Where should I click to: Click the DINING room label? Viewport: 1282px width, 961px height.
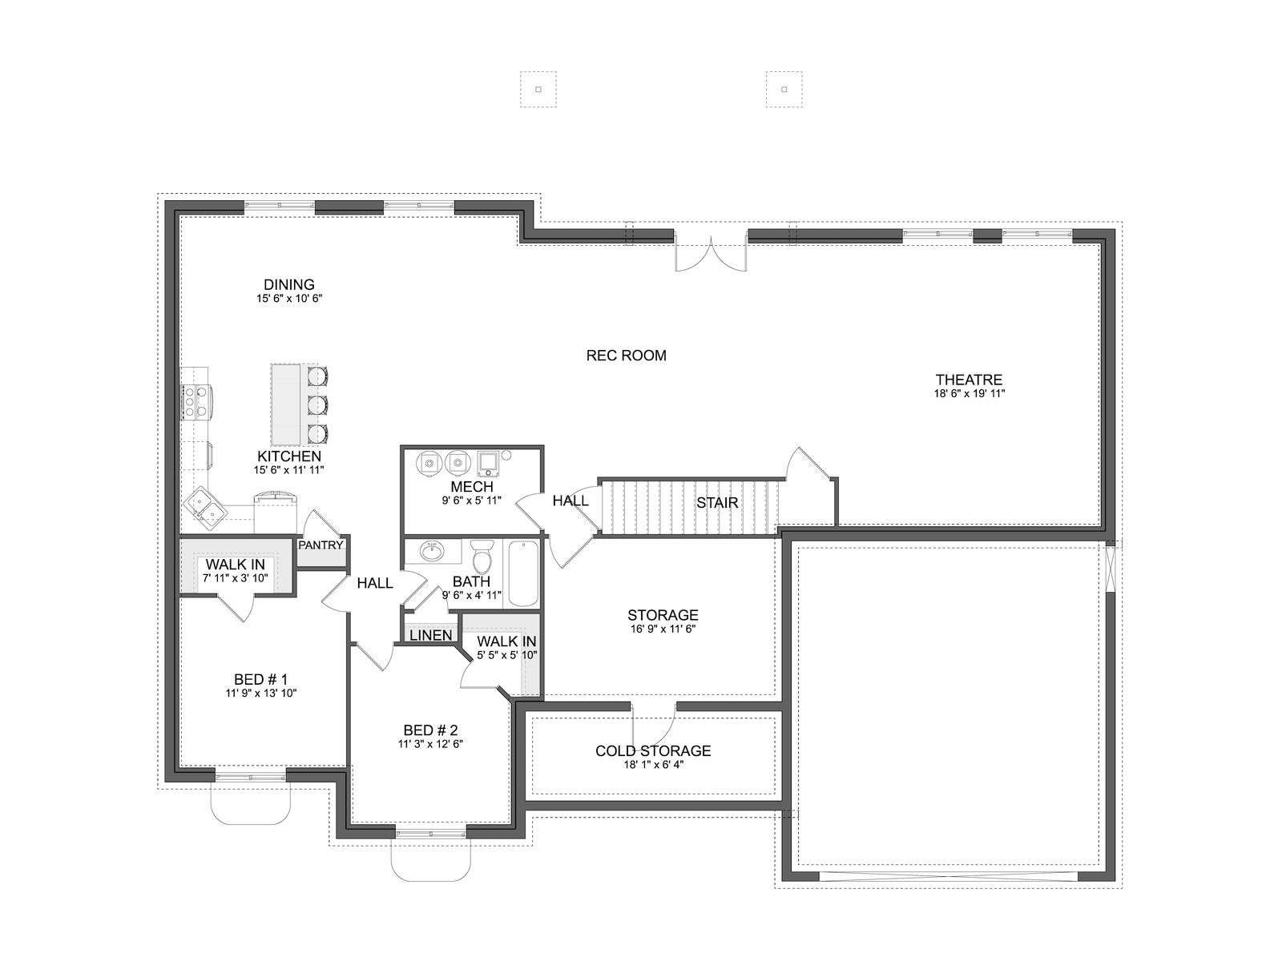point(289,285)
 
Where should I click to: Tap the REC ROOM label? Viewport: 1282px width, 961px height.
point(626,356)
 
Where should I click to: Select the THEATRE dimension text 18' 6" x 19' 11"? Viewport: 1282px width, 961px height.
point(969,393)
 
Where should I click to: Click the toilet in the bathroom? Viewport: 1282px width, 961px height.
point(482,557)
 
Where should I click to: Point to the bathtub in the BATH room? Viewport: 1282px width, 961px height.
point(522,573)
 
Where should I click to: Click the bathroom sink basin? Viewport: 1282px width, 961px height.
point(432,552)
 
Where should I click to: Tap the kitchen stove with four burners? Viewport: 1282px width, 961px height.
point(196,402)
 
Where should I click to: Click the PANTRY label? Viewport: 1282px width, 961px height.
point(320,545)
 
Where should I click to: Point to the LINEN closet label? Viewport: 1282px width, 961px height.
point(430,635)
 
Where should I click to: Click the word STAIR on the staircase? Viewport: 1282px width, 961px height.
point(717,503)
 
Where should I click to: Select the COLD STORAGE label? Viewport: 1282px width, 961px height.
point(653,751)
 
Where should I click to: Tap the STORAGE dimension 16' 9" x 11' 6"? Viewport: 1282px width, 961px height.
point(663,629)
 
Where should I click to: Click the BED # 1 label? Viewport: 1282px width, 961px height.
point(260,680)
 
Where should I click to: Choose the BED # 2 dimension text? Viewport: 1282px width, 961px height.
point(430,744)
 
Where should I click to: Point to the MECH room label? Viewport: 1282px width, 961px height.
point(472,487)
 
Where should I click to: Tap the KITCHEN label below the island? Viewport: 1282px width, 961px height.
point(289,456)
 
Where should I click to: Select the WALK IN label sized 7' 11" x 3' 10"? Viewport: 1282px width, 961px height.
point(235,565)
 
